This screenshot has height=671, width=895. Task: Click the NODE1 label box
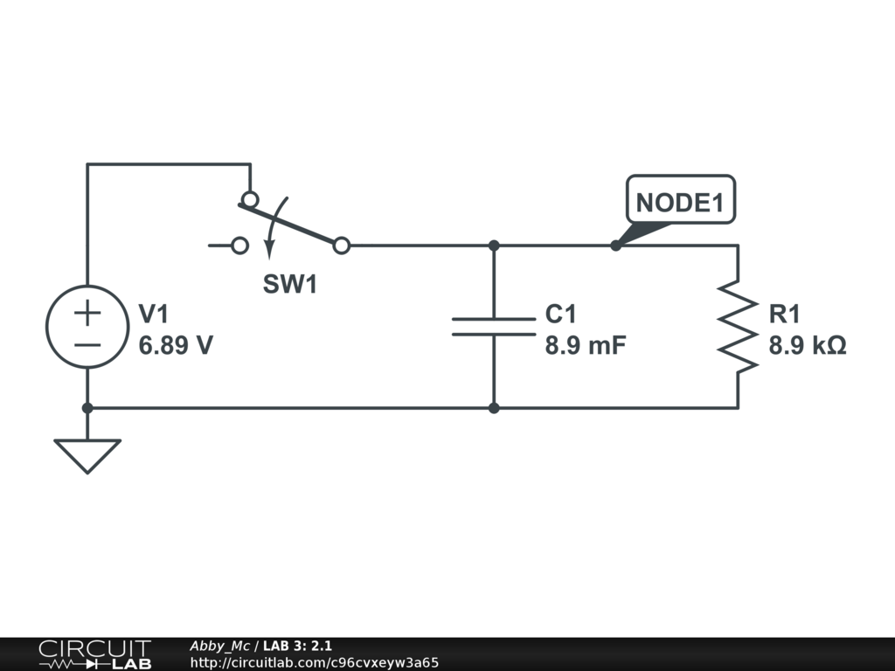coord(680,199)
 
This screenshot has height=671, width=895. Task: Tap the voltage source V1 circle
coord(87,327)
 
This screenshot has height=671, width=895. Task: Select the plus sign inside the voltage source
coord(87,313)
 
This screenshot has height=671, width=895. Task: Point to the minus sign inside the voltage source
coord(87,344)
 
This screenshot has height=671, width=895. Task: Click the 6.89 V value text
coord(176,345)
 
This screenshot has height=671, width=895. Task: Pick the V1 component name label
coord(154,314)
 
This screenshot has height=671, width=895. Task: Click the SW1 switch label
coord(289,284)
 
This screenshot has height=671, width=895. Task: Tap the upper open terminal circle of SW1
coord(250,200)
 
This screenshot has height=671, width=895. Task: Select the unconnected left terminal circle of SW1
coord(240,246)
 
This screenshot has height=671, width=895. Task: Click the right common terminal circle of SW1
coord(342,246)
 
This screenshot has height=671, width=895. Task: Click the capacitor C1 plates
coord(494,327)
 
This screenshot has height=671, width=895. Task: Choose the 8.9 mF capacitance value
coord(585,345)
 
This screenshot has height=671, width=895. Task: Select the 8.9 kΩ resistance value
coord(807,345)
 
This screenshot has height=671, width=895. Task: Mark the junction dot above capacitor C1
coord(494,246)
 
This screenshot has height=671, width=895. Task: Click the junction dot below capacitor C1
coord(494,408)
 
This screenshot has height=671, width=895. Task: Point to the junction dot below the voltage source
coord(87,408)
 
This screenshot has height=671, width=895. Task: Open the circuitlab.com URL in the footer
coord(315,662)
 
